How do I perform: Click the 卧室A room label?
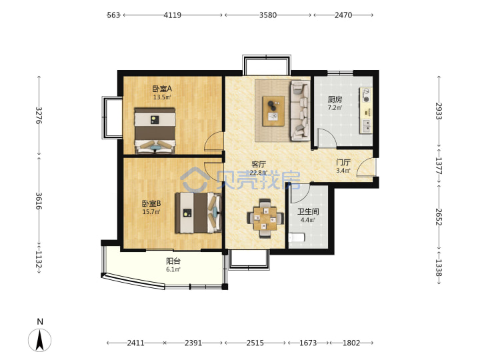pyautogui.click(x=162, y=89)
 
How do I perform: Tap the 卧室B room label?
pyautogui.click(x=151, y=203)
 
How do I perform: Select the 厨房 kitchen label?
pyautogui.click(x=335, y=99)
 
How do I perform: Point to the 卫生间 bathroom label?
pyautogui.click(x=308, y=211)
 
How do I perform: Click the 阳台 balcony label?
pyautogui.click(x=173, y=261)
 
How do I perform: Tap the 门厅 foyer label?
pyautogui.click(x=343, y=162)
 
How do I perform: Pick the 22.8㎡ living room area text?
pyautogui.click(x=259, y=173)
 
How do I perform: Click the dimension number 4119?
pyautogui.click(x=173, y=15)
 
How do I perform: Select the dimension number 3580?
pyautogui.click(x=268, y=15)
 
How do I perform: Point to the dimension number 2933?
pyautogui.click(x=439, y=111)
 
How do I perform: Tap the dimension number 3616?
pyautogui.click(x=39, y=201)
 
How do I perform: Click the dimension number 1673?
pyautogui.click(x=308, y=343)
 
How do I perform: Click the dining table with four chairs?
pyautogui.click(x=265, y=219)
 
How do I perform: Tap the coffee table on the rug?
pyautogui.click(x=273, y=111)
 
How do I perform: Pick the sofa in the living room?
pyautogui.click(x=300, y=111)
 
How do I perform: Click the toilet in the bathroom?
pyautogui.click(x=297, y=237)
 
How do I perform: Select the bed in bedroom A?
pyautogui.click(x=155, y=131)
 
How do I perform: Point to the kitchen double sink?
pyautogui.click(x=366, y=125)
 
